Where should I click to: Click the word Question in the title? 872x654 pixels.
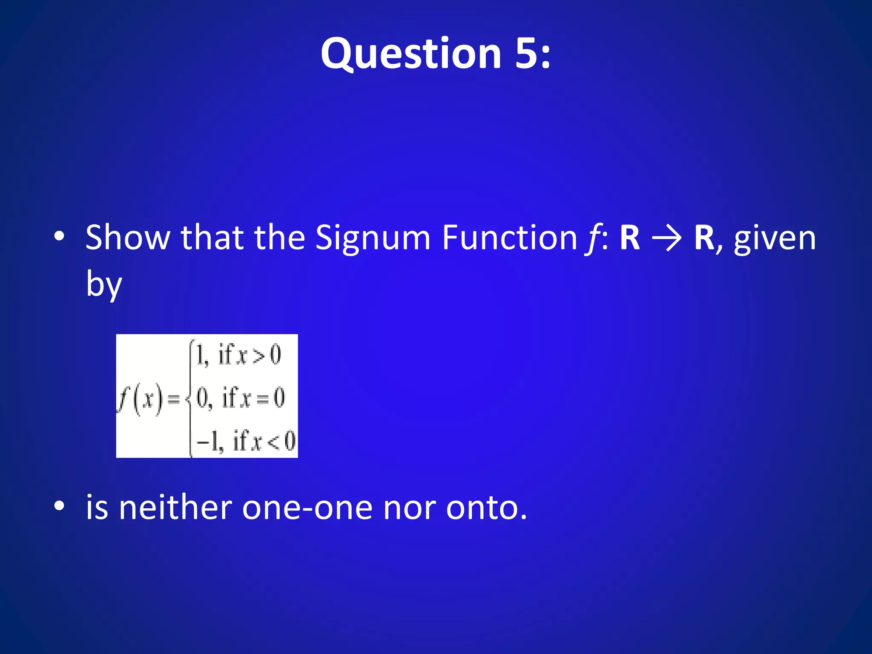pyautogui.click(x=411, y=54)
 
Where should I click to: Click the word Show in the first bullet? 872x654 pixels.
pyautogui.click(x=127, y=238)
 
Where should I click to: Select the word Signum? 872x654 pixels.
pyautogui.click(x=373, y=238)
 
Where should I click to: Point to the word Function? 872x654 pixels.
pyautogui.click(x=509, y=238)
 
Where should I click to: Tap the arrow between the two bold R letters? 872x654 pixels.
pyautogui.click(x=667, y=238)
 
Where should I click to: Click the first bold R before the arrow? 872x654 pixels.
pyautogui.click(x=630, y=238)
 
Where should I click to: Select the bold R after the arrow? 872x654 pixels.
pyautogui.click(x=704, y=238)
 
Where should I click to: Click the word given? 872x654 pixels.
pyautogui.click(x=774, y=238)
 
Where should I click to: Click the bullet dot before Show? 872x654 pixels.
pyautogui.click(x=60, y=236)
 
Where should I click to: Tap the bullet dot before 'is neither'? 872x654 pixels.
pyautogui.click(x=60, y=506)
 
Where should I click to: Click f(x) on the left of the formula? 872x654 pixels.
pyautogui.click(x=141, y=400)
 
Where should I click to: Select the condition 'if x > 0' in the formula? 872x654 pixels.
pyautogui.click(x=250, y=355)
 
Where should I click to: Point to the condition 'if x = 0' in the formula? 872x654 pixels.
pyautogui.click(x=253, y=398)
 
